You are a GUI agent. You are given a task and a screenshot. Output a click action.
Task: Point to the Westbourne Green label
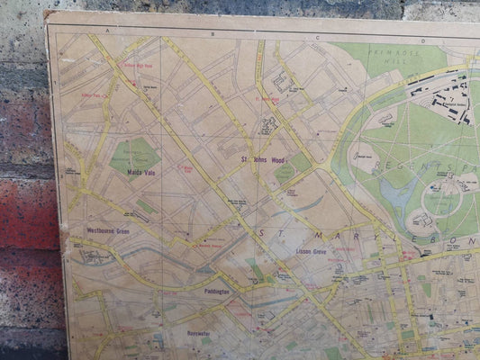[x=108, y=230]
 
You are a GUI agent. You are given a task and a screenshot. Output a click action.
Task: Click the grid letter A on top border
[x=107, y=31]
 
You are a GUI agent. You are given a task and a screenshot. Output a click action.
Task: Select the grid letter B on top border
[x=213, y=34]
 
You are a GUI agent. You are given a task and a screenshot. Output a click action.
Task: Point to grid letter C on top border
[x=318, y=38]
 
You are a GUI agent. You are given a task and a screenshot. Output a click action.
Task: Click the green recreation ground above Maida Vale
[x=134, y=155]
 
